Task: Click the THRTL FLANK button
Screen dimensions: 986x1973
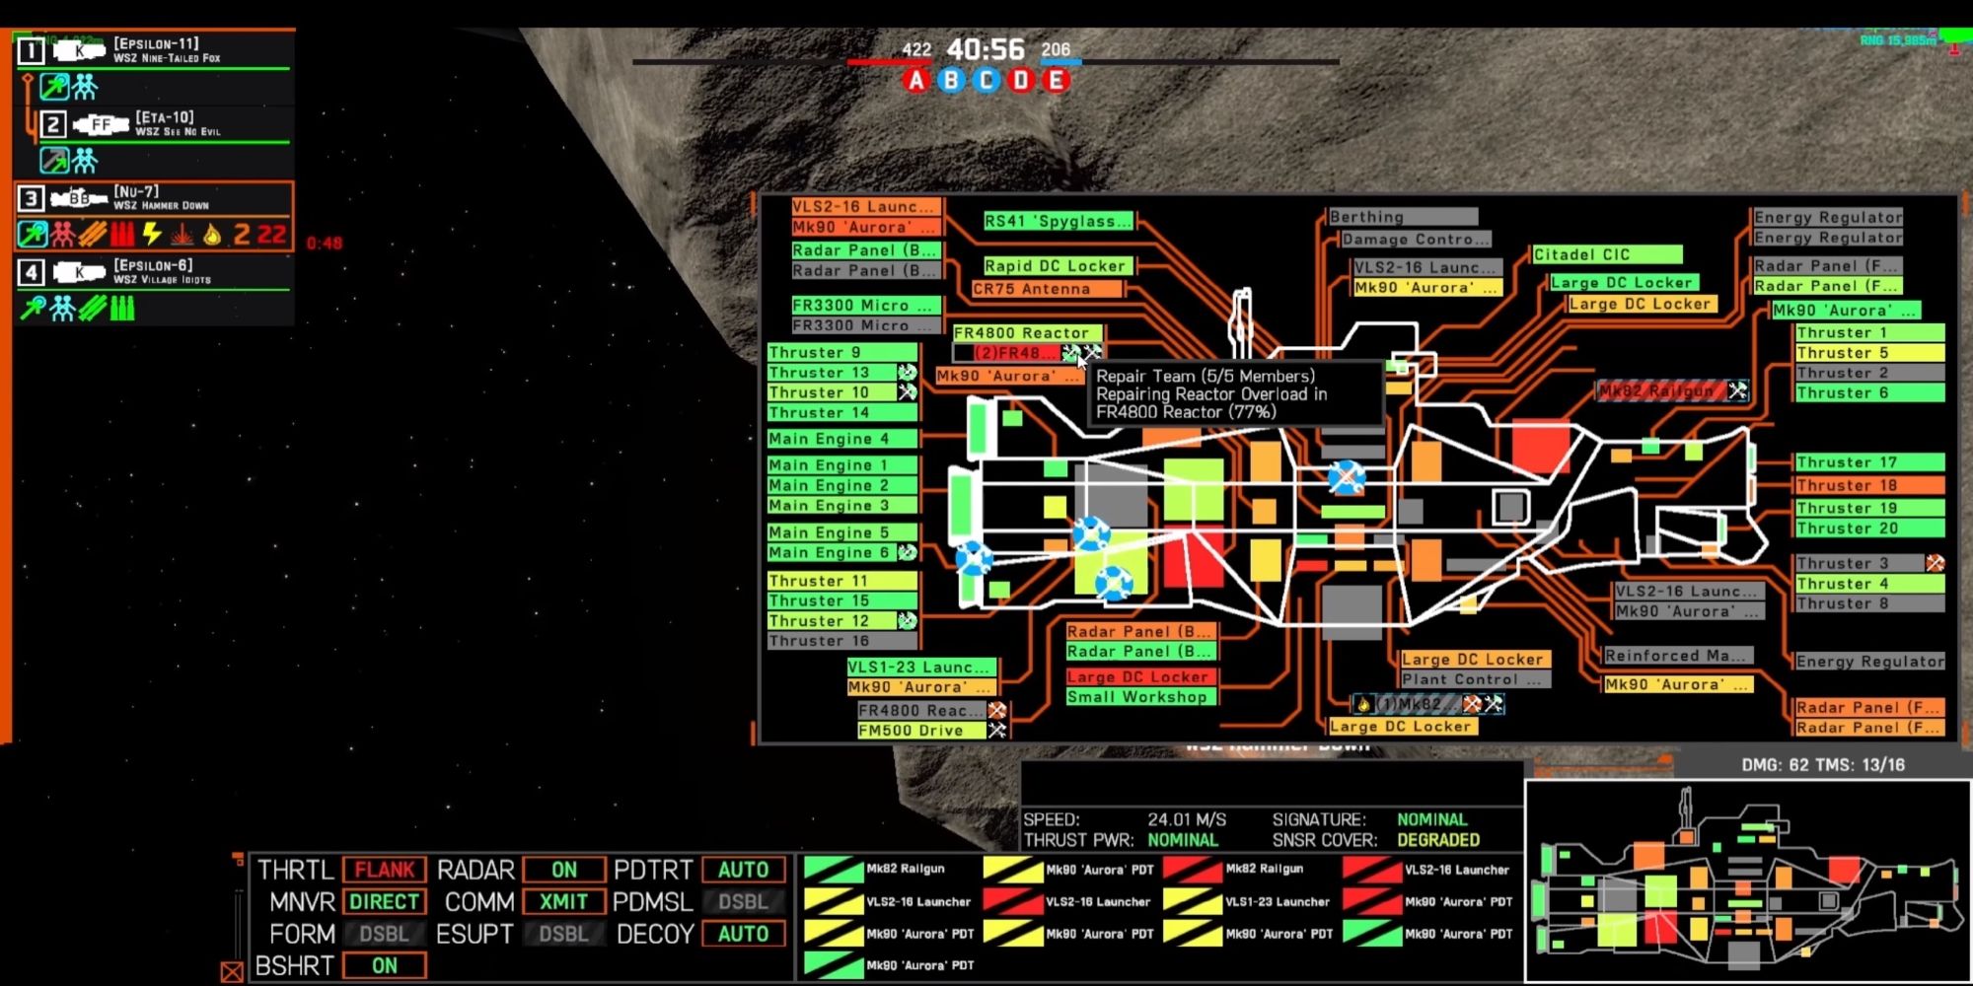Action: (x=385, y=870)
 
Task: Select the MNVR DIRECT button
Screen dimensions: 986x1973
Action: (x=385, y=901)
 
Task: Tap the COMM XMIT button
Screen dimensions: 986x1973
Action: (x=563, y=901)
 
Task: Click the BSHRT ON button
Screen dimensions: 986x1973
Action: (x=385, y=965)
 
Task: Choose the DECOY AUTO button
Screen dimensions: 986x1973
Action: (x=743, y=934)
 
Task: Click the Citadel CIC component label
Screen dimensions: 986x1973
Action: (x=1606, y=254)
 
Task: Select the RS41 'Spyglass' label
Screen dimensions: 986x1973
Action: (x=1058, y=221)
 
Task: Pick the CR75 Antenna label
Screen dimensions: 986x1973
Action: (x=1046, y=289)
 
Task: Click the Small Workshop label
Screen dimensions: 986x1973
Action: (x=1140, y=697)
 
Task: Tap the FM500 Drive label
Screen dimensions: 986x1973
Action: (x=919, y=731)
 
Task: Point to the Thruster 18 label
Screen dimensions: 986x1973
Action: (x=1868, y=485)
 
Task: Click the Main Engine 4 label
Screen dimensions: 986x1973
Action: (x=841, y=439)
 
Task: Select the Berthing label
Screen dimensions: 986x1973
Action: (x=1401, y=217)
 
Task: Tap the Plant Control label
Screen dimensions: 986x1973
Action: (x=1474, y=679)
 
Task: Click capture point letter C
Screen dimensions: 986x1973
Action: (x=986, y=81)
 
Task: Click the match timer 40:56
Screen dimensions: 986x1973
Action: (x=986, y=49)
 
